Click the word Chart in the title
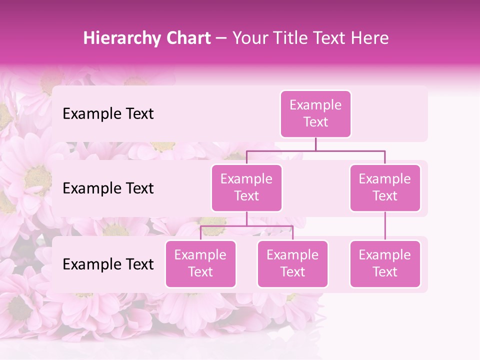(186, 38)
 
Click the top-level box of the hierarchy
(315, 114)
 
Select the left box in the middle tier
(246, 187)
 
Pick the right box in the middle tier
(385, 187)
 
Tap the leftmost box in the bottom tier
(200, 263)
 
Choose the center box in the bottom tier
(292, 263)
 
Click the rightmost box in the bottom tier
(385, 263)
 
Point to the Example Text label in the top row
(108, 114)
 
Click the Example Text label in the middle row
(108, 188)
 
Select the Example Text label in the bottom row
(108, 264)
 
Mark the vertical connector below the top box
(315, 144)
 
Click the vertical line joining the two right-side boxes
(385, 226)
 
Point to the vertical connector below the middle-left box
(246, 219)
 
